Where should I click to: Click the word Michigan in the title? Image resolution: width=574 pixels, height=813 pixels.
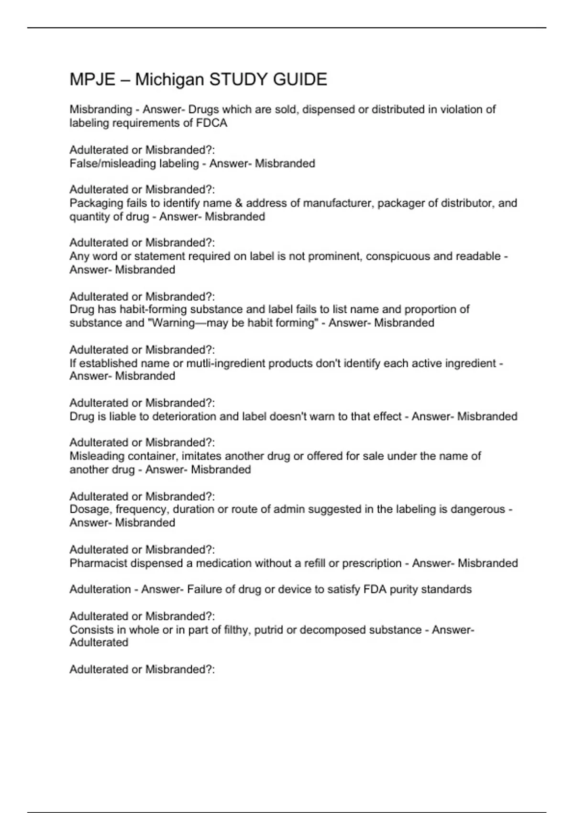[x=169, y=79]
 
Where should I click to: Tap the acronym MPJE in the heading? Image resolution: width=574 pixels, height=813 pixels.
[x=92, y=79]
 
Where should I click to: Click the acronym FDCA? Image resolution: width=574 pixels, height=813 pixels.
[x=211, y=123]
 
